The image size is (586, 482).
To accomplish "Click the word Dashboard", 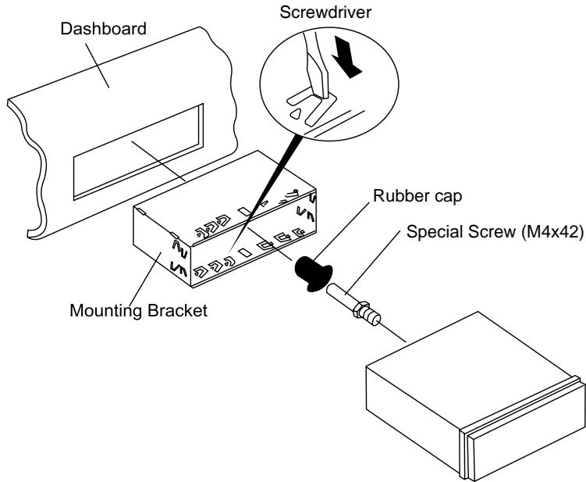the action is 103,29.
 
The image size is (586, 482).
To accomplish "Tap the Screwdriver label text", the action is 325,12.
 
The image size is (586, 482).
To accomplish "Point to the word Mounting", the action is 106,311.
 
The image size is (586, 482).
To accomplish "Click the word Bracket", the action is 177,311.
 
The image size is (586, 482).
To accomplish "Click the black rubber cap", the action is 313,273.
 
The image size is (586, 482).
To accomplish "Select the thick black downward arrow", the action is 346,56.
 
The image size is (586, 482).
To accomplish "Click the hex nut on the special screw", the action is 360,309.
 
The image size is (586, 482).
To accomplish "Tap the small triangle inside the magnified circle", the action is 296,114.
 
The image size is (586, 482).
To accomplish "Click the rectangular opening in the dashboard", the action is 138,152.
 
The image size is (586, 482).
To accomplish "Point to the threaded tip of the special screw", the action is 373,316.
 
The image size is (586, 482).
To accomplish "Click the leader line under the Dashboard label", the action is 98,66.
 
